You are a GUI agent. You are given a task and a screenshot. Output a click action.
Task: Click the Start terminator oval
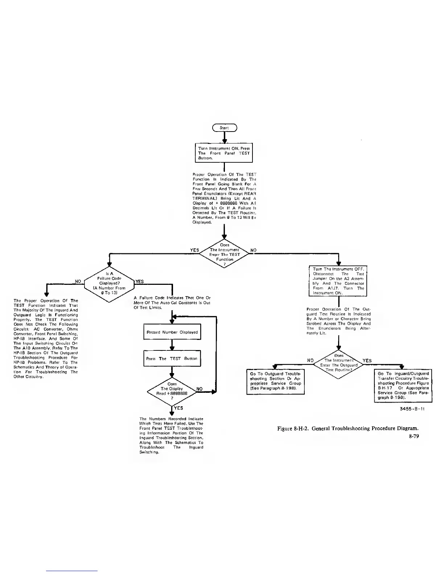pos(225,128)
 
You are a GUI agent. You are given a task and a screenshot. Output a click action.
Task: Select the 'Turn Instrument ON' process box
pos(224,153)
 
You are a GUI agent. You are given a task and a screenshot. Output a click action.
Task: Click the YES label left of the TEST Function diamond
pos(195,250)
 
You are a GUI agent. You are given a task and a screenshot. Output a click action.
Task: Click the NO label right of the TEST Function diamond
pos(254,250)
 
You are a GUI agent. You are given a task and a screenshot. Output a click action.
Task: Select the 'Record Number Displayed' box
pos(172,332)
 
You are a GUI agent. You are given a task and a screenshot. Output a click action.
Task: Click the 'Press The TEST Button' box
pos(172,358)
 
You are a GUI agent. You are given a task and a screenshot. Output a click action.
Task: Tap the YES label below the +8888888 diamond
pos(178,408)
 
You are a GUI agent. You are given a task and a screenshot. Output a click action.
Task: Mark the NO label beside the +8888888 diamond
pos(199,389)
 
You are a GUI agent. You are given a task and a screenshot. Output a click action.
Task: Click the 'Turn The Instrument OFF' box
pos(338,281)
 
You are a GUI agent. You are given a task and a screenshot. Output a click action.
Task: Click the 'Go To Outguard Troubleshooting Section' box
pos(275,381)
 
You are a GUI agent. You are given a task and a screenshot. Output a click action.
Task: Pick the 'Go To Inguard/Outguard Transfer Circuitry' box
pos(403,385)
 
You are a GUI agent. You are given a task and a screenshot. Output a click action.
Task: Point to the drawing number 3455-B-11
pos(412,409)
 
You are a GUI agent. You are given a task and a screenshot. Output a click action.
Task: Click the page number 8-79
pos(414,436)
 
